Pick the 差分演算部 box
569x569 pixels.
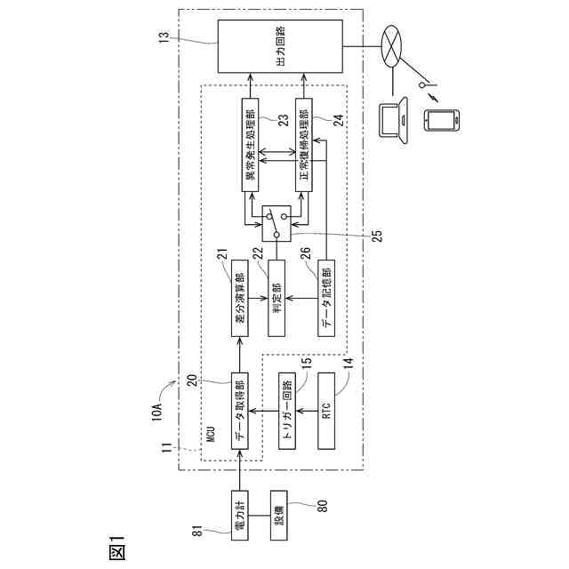[x=239, y=298]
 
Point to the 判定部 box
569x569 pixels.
[x=276, y=298]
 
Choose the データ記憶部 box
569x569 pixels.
[x=328, y=298]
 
